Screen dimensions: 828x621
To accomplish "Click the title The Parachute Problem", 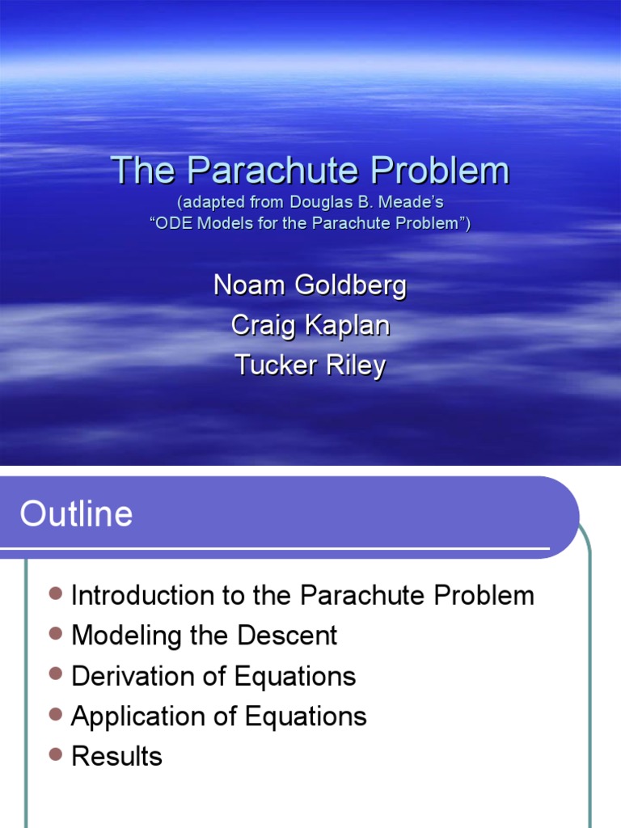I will (310, 171).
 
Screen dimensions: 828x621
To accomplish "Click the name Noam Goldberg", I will (310, 285).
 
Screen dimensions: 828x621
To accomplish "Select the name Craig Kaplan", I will (310, 325).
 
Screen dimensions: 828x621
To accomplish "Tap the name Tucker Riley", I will (310, 365).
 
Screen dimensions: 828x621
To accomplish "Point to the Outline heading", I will (76, 514).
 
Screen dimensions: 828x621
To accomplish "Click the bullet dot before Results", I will (55, 754).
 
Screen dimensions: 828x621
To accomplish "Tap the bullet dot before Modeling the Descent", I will (55, 633).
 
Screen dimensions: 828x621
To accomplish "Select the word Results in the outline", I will (116, 757).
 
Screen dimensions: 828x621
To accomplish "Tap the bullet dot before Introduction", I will (55, 594).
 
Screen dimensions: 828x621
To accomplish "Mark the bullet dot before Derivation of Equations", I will (55, 674).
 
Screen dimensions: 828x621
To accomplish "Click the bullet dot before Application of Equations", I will (55, 714).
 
